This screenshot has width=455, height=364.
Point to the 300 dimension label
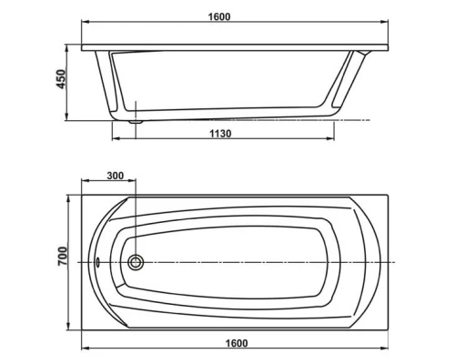click(x=116, y=175)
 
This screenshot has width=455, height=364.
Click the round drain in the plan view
click(x=136, y=262)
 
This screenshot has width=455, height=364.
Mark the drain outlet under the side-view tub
click(x=136, y=119)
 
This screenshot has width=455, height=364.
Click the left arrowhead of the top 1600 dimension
click(x=85, y=25)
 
